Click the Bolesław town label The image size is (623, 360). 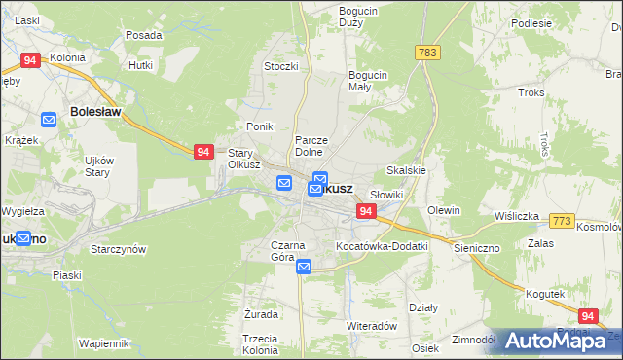(x=95, y=112)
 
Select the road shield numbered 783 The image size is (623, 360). (x=425, y=53)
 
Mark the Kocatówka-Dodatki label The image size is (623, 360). (x=382, y=246)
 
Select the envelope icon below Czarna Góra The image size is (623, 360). (x=304, y=267)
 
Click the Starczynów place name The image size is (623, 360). (x=118, y=249)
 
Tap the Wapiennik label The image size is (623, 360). (x=104, y=343)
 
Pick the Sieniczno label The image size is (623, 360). (x=476, y=248)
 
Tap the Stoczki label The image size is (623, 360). (x=280, y=66)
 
